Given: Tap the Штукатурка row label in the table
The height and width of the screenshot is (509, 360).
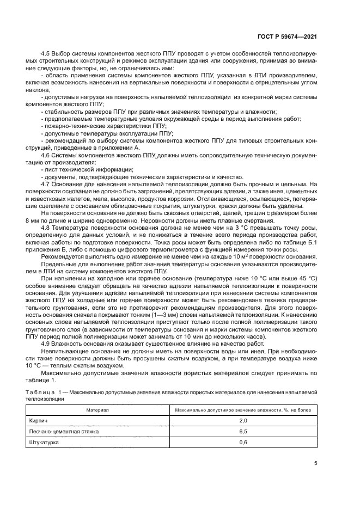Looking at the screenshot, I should point(44,443).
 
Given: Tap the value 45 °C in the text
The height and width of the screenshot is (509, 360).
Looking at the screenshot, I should point(303,279).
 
